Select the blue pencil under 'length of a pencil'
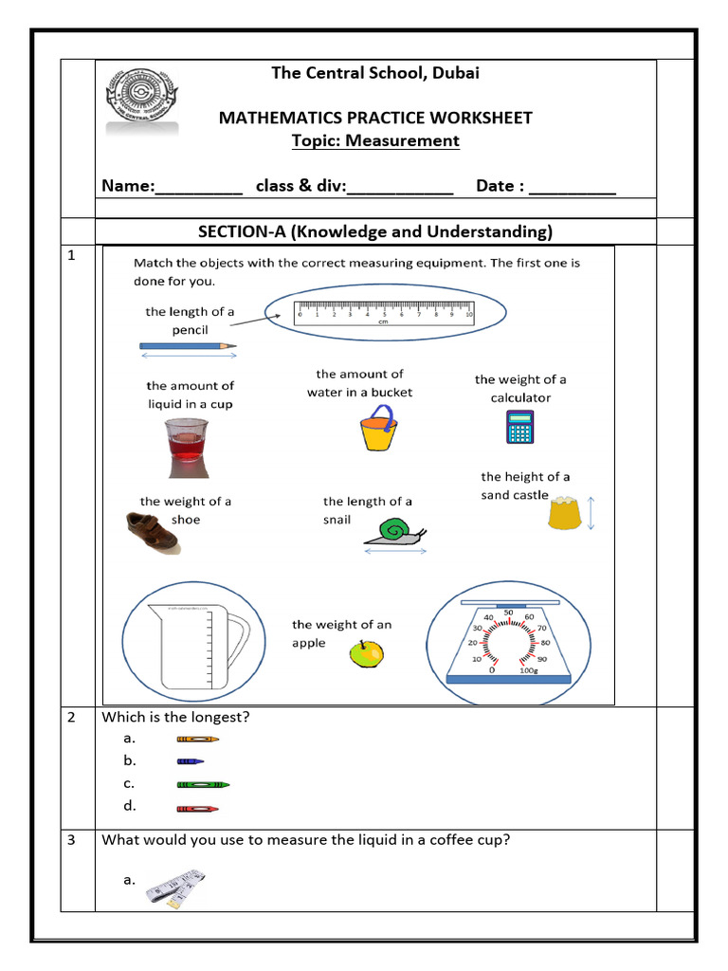click(x=188, y=347)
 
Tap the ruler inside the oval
click(x=384, y=313)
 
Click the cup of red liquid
click(x=185, y=447)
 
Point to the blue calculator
click(x=519, y=427)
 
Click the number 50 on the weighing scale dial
click(x=507, y=613)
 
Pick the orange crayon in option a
click(x=197, y=738)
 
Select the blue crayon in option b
click(x=190, y=760)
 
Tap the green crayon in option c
click(x=203, y=784)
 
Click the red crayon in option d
click(x=197, y=808)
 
